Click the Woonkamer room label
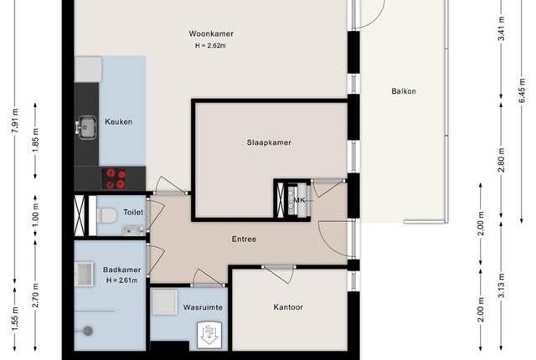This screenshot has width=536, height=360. (211, 33)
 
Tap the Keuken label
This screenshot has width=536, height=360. (119, 121)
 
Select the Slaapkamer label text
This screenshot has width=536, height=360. (269, 142)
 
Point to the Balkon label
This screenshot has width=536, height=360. (404, 91)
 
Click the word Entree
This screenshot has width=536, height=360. (244, 239)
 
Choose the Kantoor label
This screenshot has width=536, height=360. (288, 307)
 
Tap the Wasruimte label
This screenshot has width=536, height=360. (203, 307)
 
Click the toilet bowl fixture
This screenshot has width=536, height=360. (106, 215)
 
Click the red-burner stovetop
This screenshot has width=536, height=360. (115, 178)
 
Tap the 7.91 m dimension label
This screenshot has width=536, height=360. (15, 121)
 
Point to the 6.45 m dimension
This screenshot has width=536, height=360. (522, 90)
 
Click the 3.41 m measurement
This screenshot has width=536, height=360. (502, 28)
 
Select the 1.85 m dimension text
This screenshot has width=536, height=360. (35, 141)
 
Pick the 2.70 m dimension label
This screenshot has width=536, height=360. (35, 295)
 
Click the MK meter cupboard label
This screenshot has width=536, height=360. (299, 200)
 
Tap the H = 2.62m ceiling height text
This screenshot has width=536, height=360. (210, 45)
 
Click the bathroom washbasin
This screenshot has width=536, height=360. (84, 274)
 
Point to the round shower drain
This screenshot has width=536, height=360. (88, 331)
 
